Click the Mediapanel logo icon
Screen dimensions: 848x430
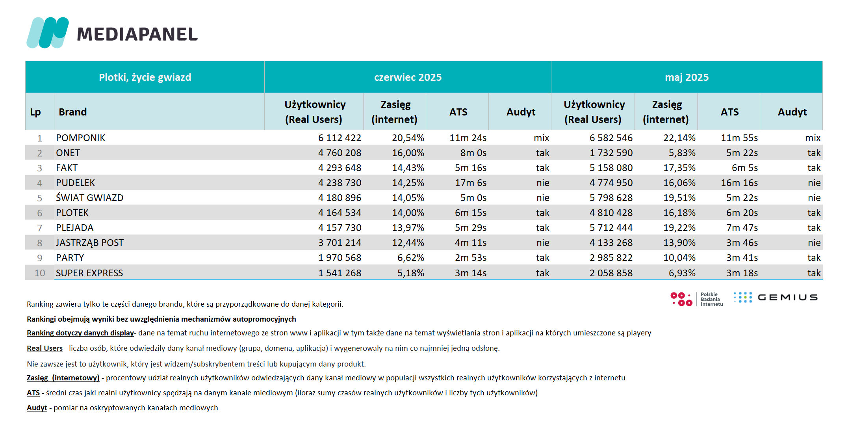pos(48,33)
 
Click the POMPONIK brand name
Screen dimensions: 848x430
pos(80,138)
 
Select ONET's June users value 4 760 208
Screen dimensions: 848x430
pos(340,153)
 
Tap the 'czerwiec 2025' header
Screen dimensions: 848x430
pos(408,77)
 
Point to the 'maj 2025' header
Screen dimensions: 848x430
pos(687,77)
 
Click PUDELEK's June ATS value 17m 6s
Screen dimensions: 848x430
pos(471,183)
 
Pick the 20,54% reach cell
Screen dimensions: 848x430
pos(408,138)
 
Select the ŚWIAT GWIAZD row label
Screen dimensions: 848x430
pos(89,198)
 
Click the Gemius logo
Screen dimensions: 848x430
pos(776,297)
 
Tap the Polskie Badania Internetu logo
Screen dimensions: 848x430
pos(697,299)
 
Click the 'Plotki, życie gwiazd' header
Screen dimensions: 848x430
pos(145,77)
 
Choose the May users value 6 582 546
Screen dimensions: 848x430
pos(611,138)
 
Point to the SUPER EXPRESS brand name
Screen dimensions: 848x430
pos(89,273)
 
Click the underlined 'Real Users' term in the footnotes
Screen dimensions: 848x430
pos(45,348)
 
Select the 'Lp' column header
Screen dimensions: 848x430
pos(35,112)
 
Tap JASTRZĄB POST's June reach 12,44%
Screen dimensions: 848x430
pos(408,243)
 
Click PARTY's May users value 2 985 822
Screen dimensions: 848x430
pos(611,258)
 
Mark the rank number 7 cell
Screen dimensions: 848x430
pos(39,228)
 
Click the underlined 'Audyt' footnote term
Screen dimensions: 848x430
pos(37,408)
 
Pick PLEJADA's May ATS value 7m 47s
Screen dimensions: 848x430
pos(742,228)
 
